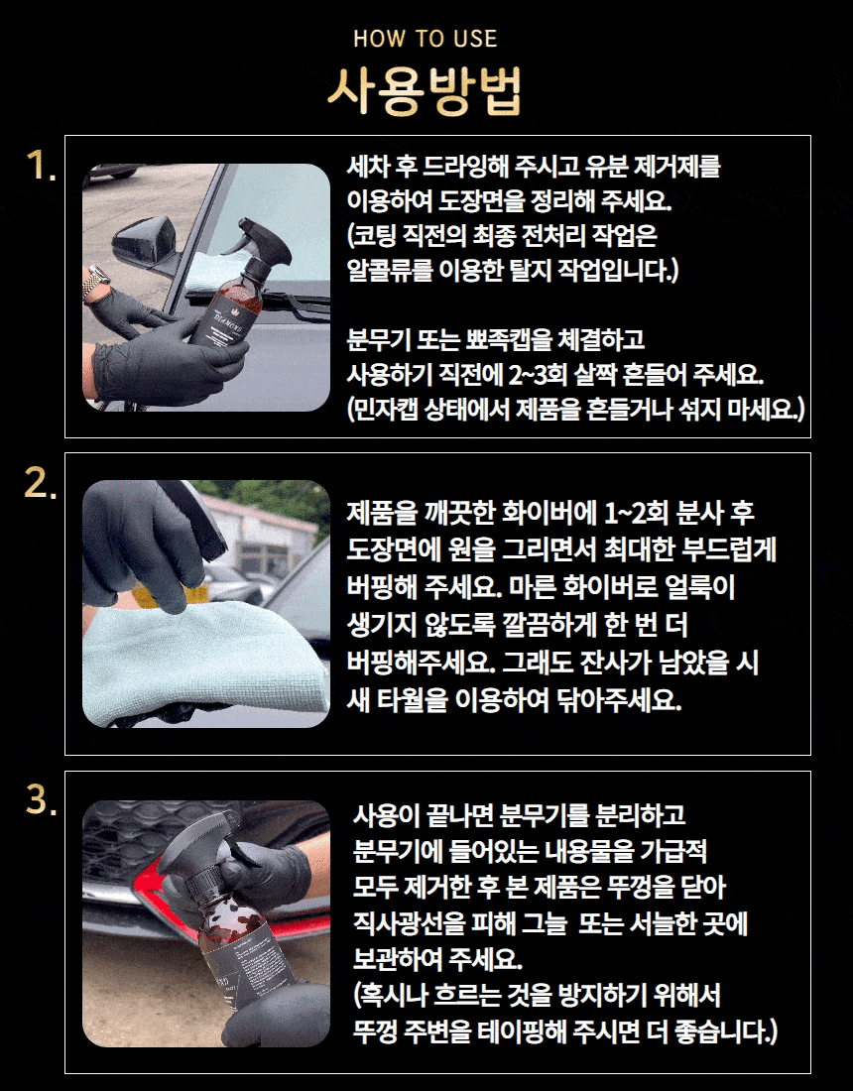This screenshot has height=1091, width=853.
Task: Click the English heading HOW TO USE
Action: [426, 39]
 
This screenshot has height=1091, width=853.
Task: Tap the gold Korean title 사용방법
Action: [426, 91]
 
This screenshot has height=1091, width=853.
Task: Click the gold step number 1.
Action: [41, 167]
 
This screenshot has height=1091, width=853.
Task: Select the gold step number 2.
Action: [41, 483]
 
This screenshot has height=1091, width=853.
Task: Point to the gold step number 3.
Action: [41, 799]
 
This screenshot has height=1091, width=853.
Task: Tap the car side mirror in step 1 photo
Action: [144, 239]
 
